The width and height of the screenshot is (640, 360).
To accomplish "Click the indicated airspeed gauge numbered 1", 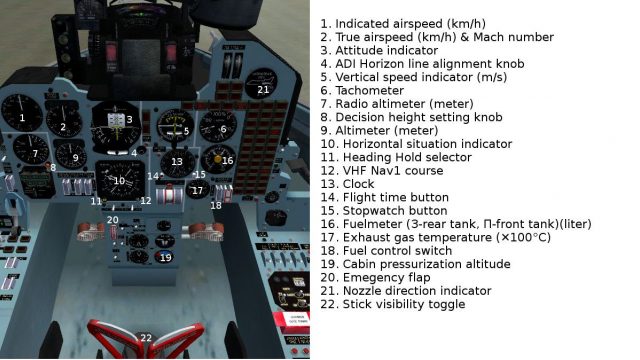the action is coord(22,113).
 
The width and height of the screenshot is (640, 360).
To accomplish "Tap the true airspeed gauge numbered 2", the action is coord(64,120).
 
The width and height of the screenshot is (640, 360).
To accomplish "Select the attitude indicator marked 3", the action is coord(116,126).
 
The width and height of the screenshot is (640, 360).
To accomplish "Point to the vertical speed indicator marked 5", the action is coord(176,125).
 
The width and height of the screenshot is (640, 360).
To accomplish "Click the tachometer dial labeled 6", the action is coord(218,126).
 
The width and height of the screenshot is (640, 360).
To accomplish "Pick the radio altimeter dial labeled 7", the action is coord(31,150).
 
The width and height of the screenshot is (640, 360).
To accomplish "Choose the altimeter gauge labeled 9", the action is coord(71,155).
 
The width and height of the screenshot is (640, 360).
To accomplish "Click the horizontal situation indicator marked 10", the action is coord(120,180).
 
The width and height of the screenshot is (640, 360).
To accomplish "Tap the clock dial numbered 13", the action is coord(177,163).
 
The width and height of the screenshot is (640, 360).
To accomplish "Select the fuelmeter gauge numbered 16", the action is coord(218,159).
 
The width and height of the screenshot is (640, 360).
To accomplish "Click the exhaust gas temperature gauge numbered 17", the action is coord(198,190).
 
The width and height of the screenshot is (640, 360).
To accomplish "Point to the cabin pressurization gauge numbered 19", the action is coord(164,257).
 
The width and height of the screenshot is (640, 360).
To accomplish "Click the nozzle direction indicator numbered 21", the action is coord(261,83).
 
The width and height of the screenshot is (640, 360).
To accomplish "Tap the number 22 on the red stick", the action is coord(146,338).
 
